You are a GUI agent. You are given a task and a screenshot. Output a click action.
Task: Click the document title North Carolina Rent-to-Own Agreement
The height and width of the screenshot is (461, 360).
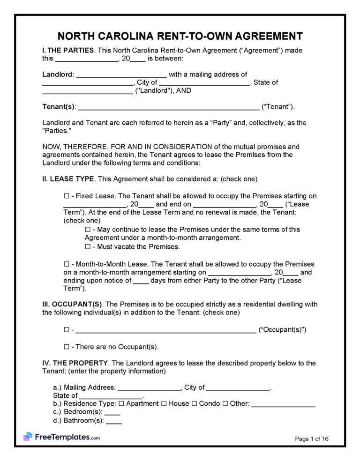point(180,37)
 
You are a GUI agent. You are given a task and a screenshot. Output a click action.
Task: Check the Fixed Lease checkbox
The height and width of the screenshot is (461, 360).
point(66,195)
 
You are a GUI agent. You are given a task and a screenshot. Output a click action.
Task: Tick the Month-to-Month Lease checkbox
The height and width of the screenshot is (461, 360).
point(66,264)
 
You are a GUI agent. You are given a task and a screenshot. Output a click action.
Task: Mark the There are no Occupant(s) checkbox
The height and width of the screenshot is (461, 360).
point(66,347)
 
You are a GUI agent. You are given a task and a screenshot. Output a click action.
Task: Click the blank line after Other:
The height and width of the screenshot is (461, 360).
point(283,404)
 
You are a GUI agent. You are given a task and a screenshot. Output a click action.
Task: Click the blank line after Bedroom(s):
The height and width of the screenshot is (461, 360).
point(112,413)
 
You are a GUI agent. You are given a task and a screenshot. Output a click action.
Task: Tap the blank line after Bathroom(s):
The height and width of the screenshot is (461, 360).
point(114,422)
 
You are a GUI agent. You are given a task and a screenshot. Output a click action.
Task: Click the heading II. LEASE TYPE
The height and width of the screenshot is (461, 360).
point(68,179)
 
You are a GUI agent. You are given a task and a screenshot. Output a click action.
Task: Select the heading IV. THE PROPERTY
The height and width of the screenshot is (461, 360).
point(75,363)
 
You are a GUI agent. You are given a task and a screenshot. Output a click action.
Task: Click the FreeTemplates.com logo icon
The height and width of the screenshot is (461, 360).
point(28,437)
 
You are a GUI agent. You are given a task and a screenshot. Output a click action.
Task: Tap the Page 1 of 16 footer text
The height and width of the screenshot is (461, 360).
point(312,439)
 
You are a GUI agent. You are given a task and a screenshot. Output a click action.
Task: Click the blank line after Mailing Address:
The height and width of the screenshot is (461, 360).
point(149,388)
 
